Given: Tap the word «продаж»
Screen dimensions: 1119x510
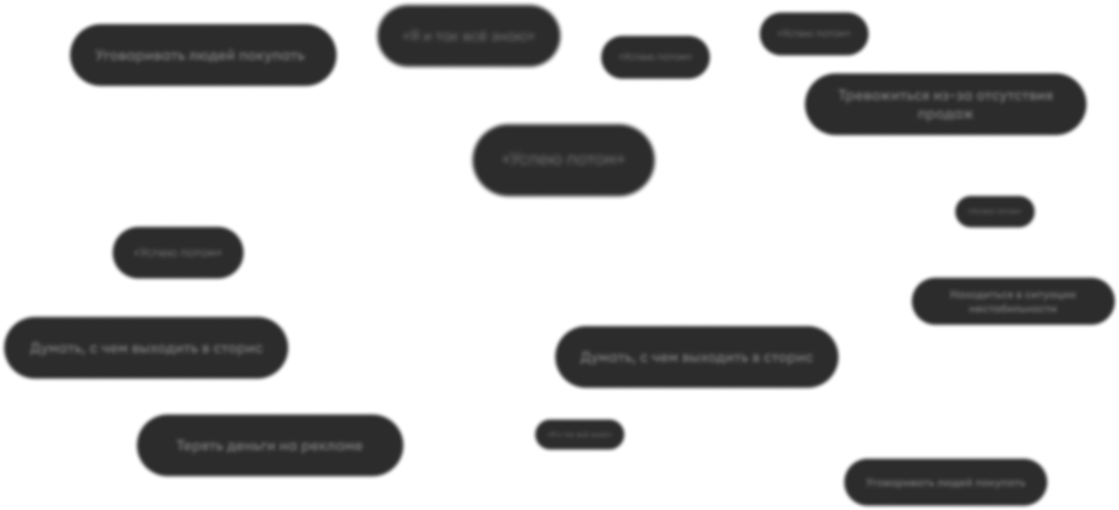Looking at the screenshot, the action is click(x=945, y=114).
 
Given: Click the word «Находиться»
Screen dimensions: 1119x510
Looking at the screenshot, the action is click(x=976, y=294).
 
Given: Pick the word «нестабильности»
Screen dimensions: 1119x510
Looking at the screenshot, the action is click(x=1012, y=310).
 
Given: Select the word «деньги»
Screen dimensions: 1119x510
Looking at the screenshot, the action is click(x=251, y=445).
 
